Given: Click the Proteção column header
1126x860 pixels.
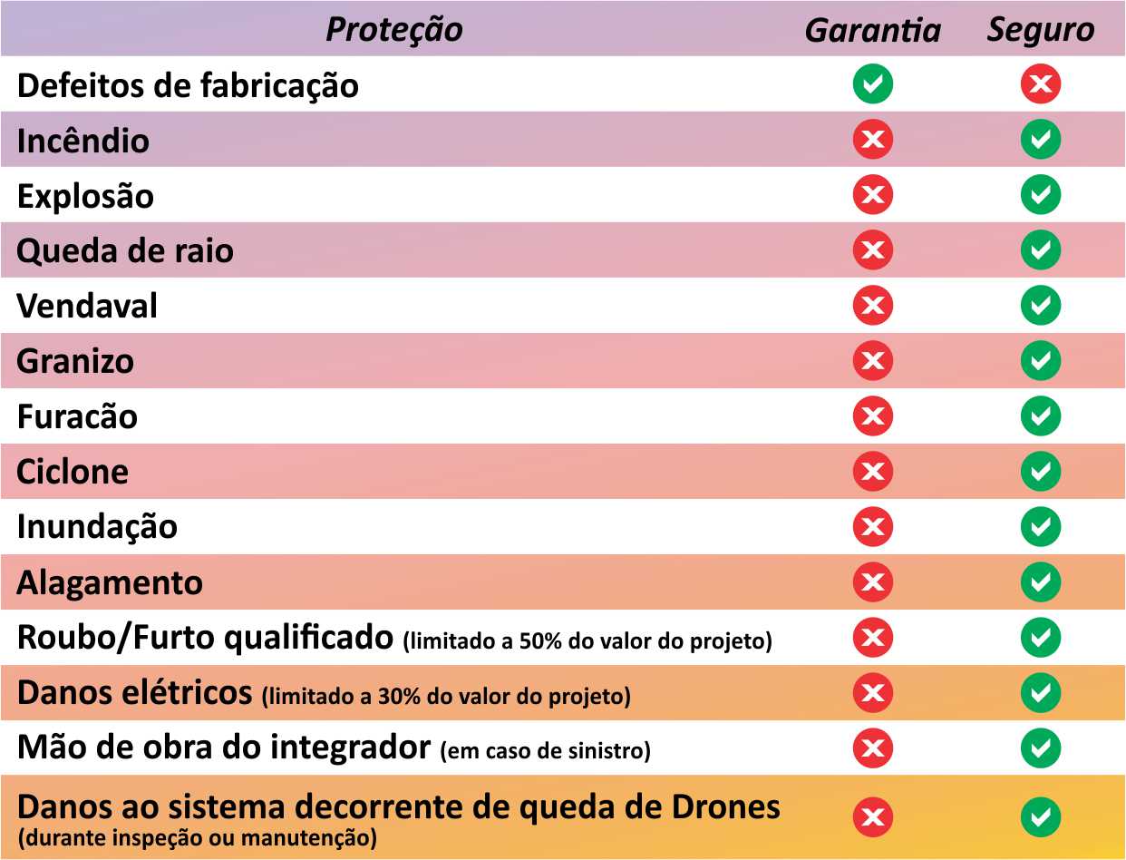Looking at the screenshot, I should pos(393,30).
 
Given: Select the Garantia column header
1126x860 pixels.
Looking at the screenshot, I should pos(872,31).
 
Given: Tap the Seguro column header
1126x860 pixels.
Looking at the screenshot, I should pos(1040,30).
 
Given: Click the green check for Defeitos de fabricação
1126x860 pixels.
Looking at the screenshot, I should pos(872,84).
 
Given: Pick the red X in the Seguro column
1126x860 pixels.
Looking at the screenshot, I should pos(1040,84).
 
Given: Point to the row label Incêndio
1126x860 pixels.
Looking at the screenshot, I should pos(83,141).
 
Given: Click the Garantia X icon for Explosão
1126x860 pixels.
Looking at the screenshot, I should pos(872,195).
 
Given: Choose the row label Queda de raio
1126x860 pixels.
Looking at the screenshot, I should pos(125,250).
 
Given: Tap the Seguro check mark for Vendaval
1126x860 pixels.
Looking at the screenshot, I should pos(1040,306).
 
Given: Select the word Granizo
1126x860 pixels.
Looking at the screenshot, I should pos(75,361).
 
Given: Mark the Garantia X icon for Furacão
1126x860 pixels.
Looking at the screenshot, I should pos(872,416).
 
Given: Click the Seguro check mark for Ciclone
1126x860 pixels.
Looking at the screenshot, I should pos(1040,472).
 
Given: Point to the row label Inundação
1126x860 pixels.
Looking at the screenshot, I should pos(97,527).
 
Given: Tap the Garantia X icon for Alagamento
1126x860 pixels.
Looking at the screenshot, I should pos(872,582).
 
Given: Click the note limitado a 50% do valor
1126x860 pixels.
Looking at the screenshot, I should pos(587,641).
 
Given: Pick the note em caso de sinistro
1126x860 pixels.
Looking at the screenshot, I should pos(545,752).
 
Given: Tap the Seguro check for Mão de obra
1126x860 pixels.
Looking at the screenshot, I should pos(1040,748).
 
